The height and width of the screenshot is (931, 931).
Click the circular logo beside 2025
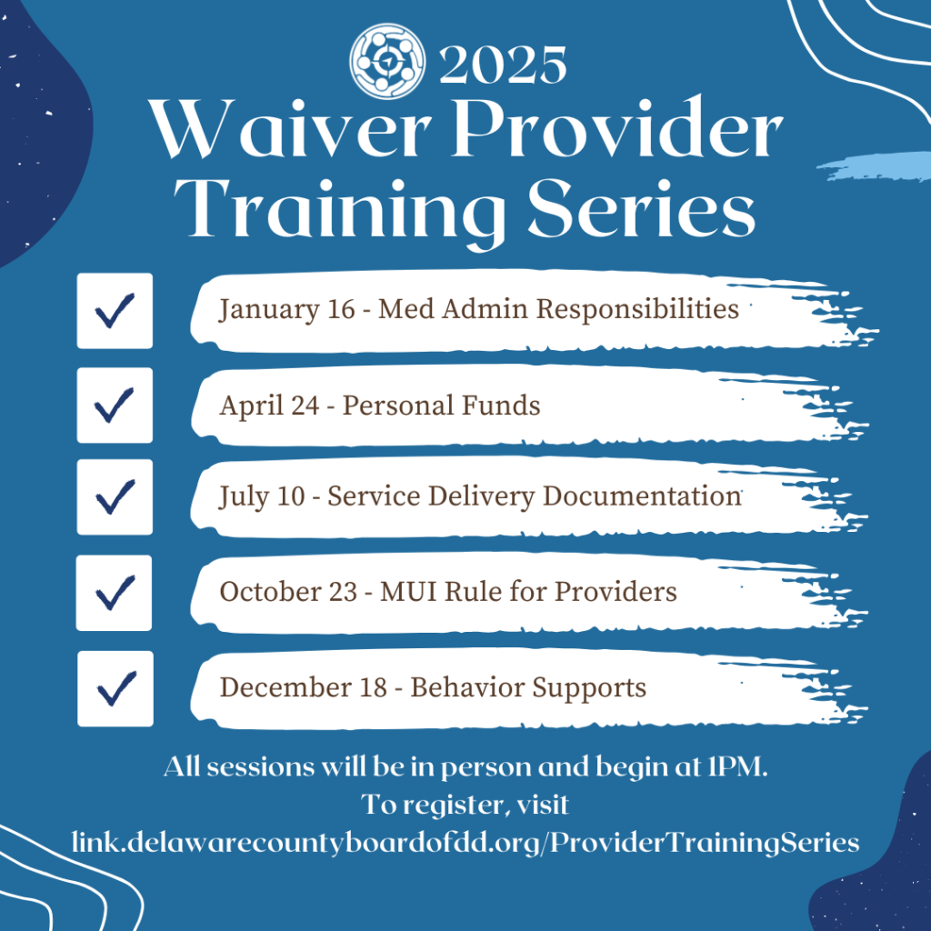pyautogui.click(x=387, y=61)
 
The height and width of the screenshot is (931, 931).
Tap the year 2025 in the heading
pyautogui.click(x=502, y=65)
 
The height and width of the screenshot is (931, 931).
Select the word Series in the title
pyautogui.click(x=641, y=208)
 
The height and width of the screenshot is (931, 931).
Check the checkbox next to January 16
pyautogui.click(x=115, y=311)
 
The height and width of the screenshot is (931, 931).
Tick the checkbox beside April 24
pyautogui.click(x=115, y=405)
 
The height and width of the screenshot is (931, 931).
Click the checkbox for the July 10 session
pyautogui.click(x=115, y=497)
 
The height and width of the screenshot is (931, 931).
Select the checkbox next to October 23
pyautogui.click(x=114, y=593)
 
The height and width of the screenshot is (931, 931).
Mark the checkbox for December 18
pyautogui.click(x=115, y=689)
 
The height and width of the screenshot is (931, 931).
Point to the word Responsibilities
pyautogui.click(x=637, y=309)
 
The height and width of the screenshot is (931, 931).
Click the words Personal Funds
pyautogui.click(x=441, y=405)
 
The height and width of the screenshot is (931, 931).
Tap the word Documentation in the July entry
pyautogui.click(x=642, y=496)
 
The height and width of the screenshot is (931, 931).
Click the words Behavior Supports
pyautogui.click(x=528, y=687)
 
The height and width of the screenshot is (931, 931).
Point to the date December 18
pyautogui.click(x=304, y=687)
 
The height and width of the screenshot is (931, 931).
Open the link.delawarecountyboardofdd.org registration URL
pyautogui.click(x=465, y=843)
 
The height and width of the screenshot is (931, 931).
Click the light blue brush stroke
pyautogui.click(x=874, y=166)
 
